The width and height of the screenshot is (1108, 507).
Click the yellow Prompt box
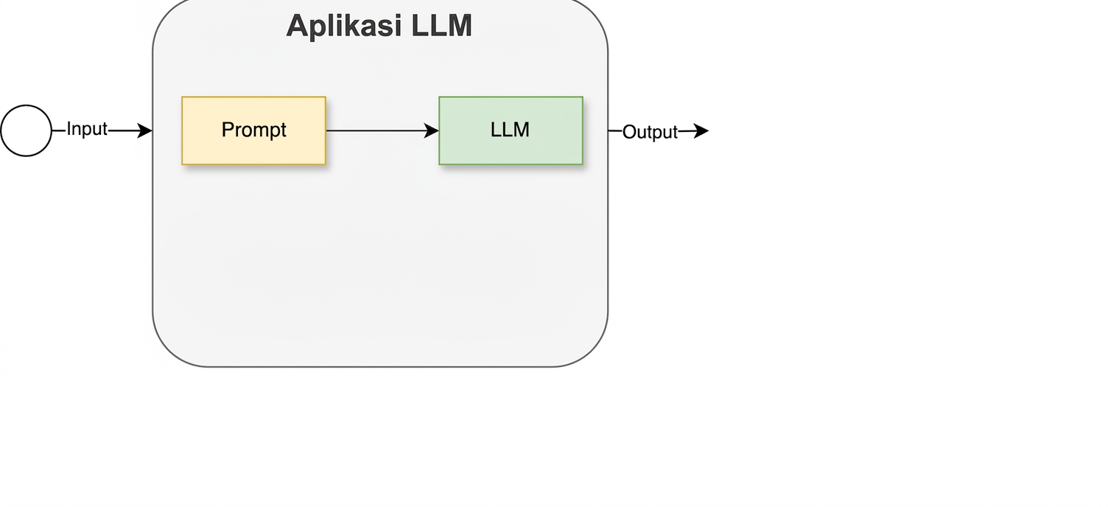[x=253, y=130]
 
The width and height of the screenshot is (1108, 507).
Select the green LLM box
[x=511, y=130]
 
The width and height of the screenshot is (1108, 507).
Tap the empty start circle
[x=27, y=130]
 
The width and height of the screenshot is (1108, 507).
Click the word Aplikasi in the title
[x=344, y=26]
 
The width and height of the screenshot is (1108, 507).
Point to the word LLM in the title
[x=441, y=25]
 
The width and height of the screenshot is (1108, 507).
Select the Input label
[x=87, y=129]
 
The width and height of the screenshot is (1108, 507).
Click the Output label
[x=650, y=132]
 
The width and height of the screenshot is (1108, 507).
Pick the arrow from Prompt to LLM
[x=382, y=130]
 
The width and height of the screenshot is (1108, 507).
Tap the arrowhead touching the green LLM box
[x=431, y=130]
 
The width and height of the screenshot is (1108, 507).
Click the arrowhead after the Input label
[x=145, y=130]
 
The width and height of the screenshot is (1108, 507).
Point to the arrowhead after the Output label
[x=701, y=130]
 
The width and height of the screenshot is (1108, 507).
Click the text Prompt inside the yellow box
[x=253, y=130]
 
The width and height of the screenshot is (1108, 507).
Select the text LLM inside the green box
[x=510, y=130]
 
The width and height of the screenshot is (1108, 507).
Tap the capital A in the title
[x=298, y=25]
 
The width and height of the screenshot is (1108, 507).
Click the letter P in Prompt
[x=228, y=130]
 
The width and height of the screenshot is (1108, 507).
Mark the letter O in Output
[x=630, y=132]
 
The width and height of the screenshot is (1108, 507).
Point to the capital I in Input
[x=69, y=128]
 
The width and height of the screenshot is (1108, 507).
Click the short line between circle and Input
[x=59, y=130]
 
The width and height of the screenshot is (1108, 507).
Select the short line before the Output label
[x=615, y=130]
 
